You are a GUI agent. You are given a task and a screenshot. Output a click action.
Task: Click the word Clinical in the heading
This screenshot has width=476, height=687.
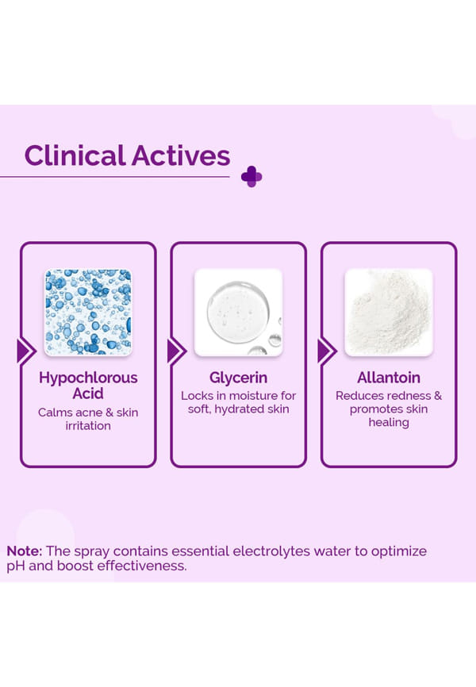[x=75, y=155]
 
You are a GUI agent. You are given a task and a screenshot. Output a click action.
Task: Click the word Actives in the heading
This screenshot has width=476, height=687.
[x=181, y=155]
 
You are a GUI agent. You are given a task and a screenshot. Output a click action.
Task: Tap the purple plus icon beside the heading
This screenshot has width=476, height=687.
[x=251, y=177]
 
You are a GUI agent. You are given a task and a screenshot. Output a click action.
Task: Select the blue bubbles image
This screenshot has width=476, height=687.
[x=88, y=312]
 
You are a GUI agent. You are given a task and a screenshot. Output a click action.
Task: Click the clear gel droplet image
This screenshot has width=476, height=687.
[x=239, y=312]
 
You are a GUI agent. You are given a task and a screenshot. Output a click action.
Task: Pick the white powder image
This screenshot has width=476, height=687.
[x=389, y=312]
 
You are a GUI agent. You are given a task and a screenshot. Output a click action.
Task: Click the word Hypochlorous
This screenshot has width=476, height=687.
[x=88, y=378]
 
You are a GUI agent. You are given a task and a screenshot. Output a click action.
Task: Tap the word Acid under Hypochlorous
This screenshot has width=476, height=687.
[x=88, y=393]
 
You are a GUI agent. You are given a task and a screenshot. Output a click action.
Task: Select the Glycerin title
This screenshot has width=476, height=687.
[x=239, y=378]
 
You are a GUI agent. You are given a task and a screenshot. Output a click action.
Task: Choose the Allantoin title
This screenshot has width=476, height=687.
[x=389, y=378]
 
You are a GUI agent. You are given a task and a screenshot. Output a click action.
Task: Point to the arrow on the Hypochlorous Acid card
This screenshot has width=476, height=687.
[x=26, y=351]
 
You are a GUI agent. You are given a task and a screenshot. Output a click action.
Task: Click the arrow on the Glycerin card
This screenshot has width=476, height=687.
[x=177, y=351]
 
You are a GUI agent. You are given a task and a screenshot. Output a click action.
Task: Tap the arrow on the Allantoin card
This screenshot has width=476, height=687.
[x=327, y=351]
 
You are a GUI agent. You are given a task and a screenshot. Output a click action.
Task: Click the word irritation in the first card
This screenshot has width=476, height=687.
[x=88, y=426]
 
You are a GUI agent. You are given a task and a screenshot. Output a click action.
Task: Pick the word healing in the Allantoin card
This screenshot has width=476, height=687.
[x=389, y=423]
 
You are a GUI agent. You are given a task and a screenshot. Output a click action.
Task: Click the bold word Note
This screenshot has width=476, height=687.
[x=25, y=551]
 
